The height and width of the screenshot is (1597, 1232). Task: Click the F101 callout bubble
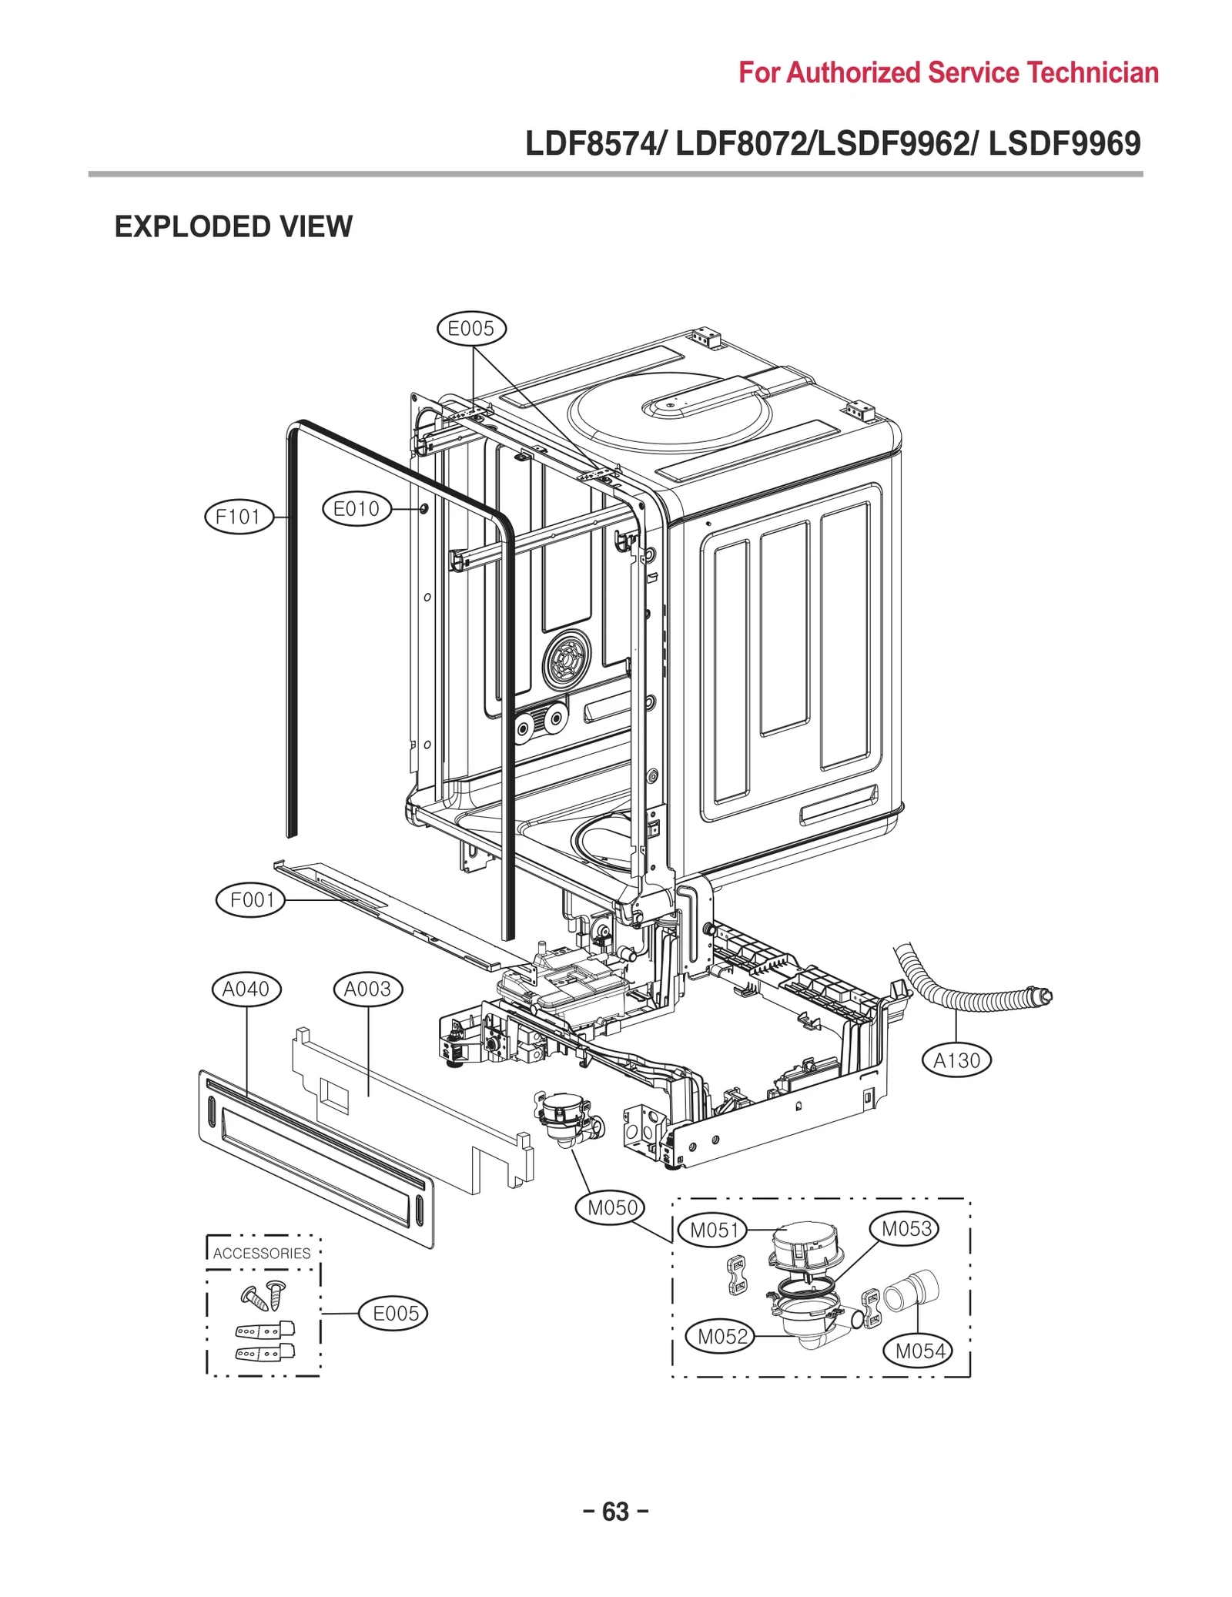pos(239,517)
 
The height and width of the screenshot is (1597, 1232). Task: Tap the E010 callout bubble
pos(356,509)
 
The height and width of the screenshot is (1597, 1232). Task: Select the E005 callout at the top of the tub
pos(470,329)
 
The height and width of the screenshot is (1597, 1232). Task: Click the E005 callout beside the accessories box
pos(395,1314)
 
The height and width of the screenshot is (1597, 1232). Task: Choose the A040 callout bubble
pos(246,989)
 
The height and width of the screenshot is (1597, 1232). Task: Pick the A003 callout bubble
pos(367,989)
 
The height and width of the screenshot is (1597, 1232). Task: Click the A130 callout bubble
pos(956,1061)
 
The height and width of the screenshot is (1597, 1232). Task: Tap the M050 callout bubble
pos(612,1208)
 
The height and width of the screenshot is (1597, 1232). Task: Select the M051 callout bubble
pos(714,1230)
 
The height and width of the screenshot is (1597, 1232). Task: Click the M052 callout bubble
pos(722,1338)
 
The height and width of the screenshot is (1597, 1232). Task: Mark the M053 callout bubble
pos(906,1229)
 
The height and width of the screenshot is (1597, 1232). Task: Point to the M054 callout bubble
pos(919,1351)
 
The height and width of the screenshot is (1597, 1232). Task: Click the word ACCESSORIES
pos(262,1254)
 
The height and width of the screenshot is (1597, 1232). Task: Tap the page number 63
pos(615,1512)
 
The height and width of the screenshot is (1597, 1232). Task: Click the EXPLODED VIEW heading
pos(233,227)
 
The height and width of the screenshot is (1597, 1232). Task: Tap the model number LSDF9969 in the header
pos(1064,144)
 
